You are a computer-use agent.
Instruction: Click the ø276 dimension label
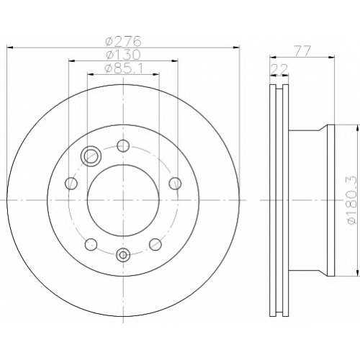123,41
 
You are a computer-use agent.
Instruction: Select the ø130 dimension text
123,55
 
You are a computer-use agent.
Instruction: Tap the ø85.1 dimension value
124,68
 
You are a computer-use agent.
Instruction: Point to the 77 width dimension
303,51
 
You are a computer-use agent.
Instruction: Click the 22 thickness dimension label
279,70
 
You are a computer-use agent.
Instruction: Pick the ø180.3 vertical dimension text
353,201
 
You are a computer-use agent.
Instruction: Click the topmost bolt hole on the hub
123,145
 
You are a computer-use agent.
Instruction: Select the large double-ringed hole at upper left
91,156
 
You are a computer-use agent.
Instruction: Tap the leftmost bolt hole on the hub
71,184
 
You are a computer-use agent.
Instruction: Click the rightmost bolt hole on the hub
175,184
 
